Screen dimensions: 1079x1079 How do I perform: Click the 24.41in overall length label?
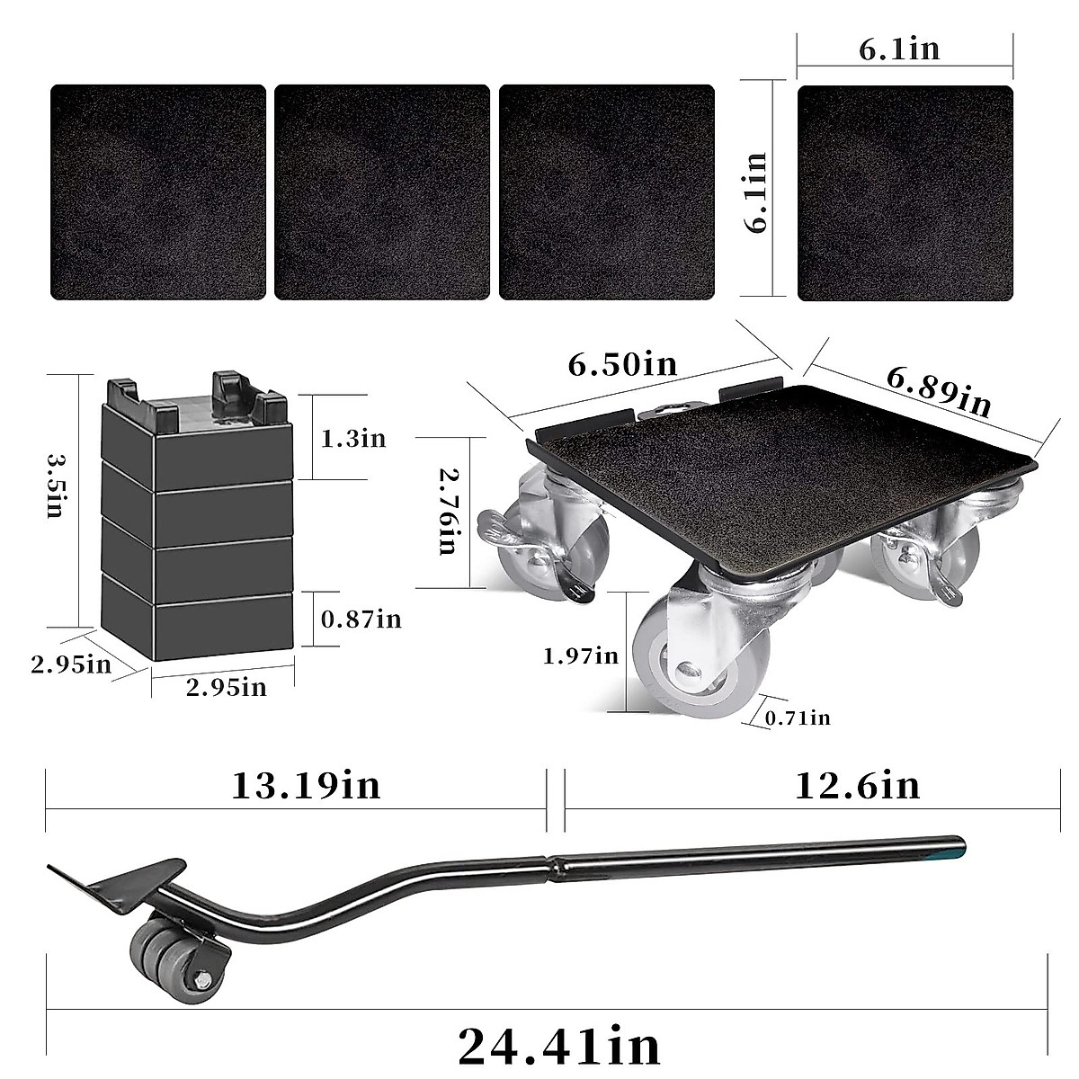pyautogui.click(x=559, y=1045)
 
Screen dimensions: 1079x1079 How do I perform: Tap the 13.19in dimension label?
pyautogui.click(x=306, y=785)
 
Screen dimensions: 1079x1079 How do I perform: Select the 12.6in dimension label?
pyautogui.click(x=857, y=785)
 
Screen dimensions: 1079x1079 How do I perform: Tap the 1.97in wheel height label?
pyautogui.click(x=580, y=655)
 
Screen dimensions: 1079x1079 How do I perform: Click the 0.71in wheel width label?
pyautogui.click(x=797, y=717)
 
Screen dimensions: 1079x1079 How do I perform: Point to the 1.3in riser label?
pyautogui.click(x=353, y=438)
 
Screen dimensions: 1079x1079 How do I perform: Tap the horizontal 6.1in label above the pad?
pyautogui.click(x=899, y=49)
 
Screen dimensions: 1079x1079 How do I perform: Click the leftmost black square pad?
pyautogui.click(x=158, y=192)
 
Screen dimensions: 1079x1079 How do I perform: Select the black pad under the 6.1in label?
pyautogui.click(x=905, y=192)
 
